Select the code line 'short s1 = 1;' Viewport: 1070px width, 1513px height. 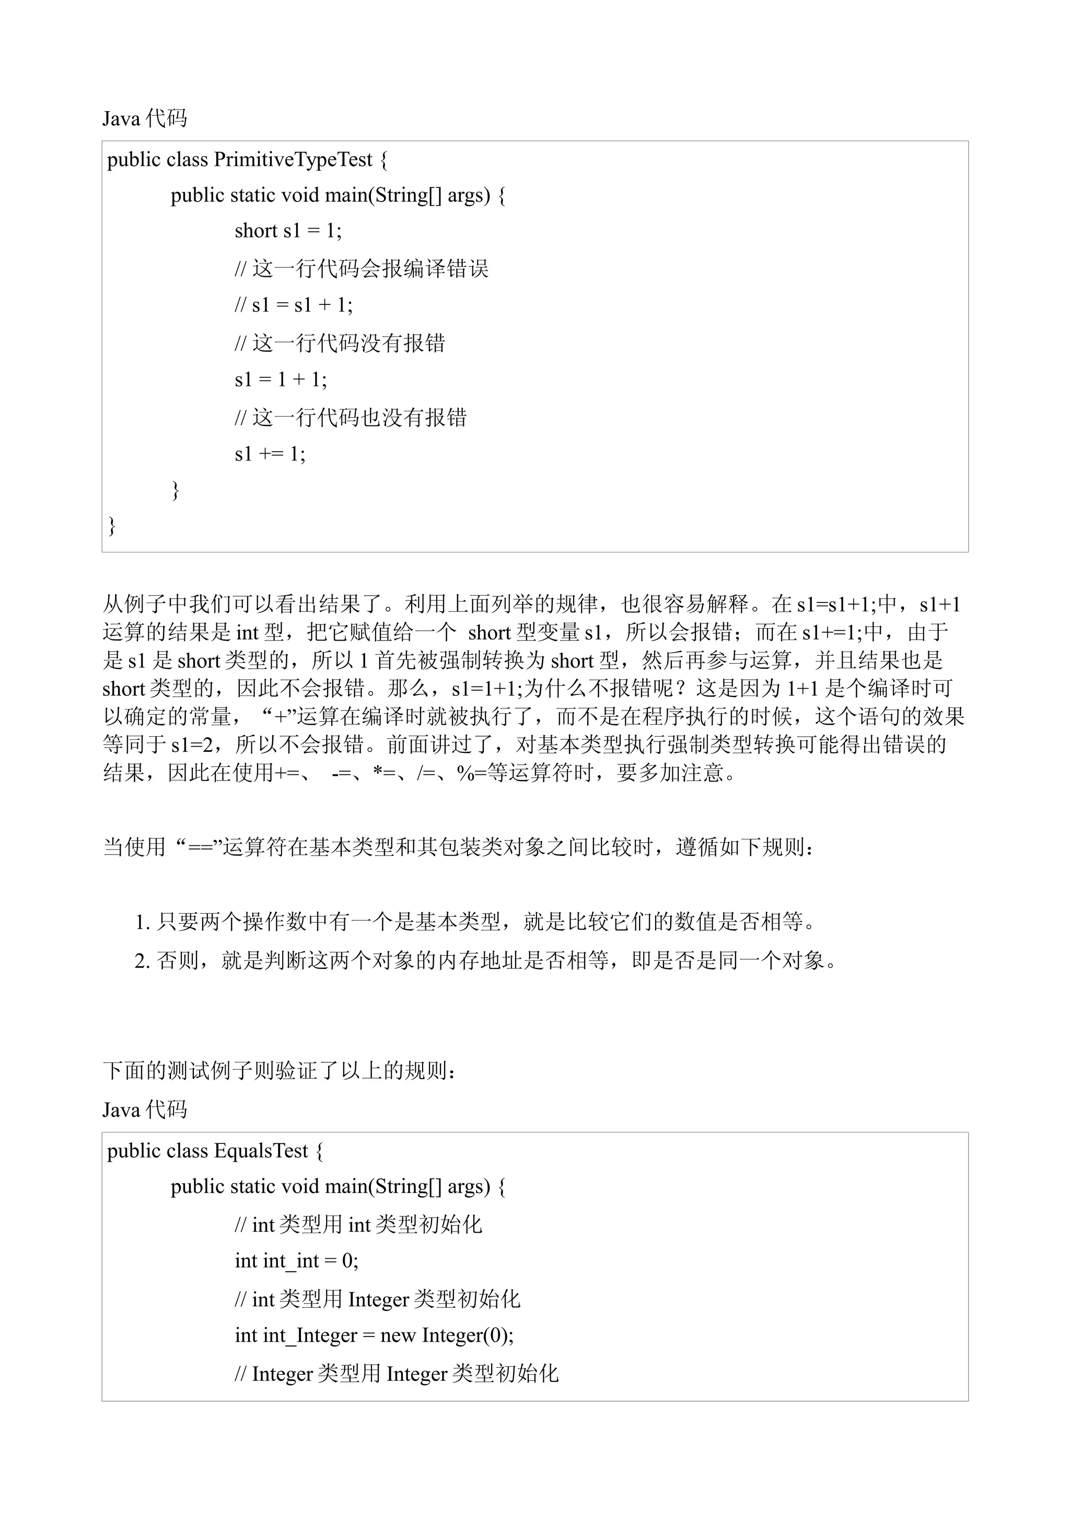[x=288, y=231]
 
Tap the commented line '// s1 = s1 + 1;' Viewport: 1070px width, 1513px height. [x=294, y=304]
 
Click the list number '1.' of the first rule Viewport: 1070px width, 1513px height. [x=143, y=923]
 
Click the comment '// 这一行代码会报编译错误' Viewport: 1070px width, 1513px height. [x=361, y=269]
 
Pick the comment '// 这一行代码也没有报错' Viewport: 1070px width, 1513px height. [x=350, y=417]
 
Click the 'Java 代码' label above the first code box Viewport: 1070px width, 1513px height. [x=144, y=119]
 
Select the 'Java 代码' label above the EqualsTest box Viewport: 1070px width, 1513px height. [x=144, y=1110]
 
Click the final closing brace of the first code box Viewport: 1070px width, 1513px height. [x=112, y=525]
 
